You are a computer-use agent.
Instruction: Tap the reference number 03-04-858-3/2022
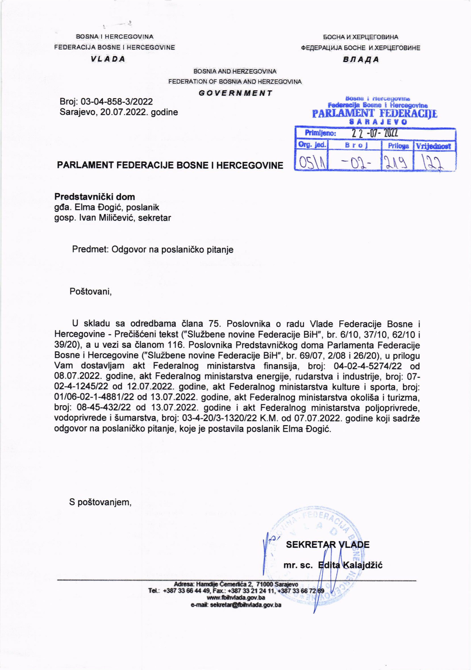[x=117, y=102]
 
